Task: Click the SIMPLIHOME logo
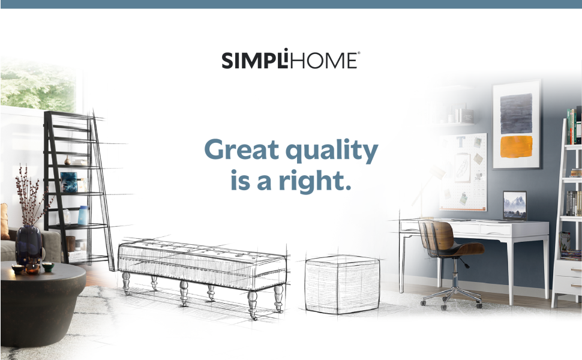[290, 59]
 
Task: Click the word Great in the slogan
[241, 149]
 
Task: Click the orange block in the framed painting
[516, 146]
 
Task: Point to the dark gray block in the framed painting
[516, 113]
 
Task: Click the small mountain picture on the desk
[515, 206]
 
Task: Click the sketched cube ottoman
[342, 284]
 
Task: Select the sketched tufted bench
[202, 273]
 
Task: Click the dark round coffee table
[41, 304]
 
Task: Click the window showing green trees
[38, 84]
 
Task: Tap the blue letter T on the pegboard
[461, 142]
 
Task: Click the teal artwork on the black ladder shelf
[68, 182]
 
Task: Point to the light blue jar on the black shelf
[83, 215]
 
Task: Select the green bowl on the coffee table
[48, 266]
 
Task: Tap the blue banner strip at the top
[291, 4]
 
